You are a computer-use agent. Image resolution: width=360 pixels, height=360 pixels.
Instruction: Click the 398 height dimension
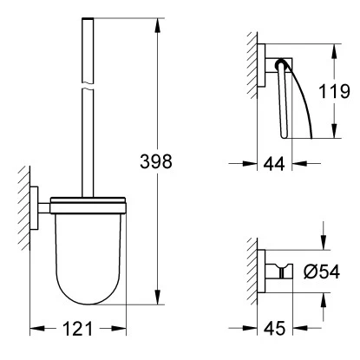[x=156, y=161]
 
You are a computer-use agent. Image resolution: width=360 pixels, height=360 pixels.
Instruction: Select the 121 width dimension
[x=78, y=329]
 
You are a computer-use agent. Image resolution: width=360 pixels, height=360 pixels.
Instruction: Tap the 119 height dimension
[x=334, y=91]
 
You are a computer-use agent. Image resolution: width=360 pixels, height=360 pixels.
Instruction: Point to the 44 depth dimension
[x=274, y=164]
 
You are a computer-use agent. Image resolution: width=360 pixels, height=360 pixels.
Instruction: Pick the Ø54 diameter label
[x=322, y=272]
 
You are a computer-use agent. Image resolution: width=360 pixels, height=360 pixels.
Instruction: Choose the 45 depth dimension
[x=274, y=328]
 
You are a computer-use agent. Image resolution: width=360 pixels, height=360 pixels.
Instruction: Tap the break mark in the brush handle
[x=88, y=86]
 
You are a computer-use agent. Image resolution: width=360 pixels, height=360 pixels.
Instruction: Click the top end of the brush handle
[x=88, y=18]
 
